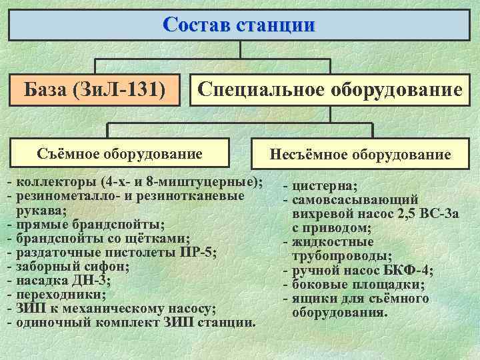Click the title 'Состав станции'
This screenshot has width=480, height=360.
tap(239, 25)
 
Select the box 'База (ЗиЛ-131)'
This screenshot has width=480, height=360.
tap(95, 89)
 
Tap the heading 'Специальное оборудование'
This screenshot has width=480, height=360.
tap(330, 89)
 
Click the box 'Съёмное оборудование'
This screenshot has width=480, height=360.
tap(120, 154)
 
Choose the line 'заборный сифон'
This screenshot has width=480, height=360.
tap(73, 266)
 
